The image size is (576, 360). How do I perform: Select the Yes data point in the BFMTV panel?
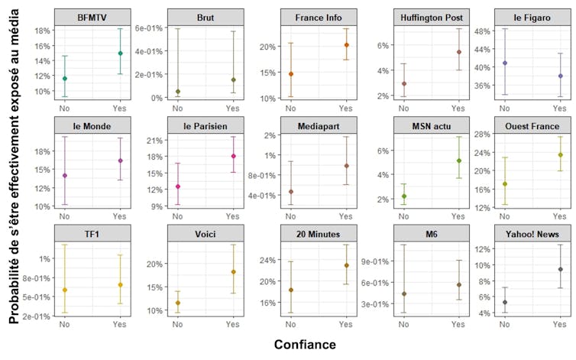(120, 54)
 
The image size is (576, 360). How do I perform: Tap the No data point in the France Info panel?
(291, 74)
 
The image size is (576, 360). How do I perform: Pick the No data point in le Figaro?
(505, 63)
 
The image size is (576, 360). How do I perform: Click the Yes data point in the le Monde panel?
(120, 161)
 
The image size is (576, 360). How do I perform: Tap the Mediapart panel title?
(317, 125)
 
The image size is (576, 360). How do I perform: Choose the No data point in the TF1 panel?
(65, 290)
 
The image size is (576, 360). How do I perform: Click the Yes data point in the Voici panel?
(232, 272)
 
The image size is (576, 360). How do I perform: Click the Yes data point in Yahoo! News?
(560, 269)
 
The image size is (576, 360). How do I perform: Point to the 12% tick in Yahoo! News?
(482, 249)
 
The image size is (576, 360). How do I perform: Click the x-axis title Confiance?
(305, 345)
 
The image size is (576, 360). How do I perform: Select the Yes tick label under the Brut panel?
(232, 109)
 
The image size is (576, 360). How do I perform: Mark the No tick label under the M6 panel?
(403, 325)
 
